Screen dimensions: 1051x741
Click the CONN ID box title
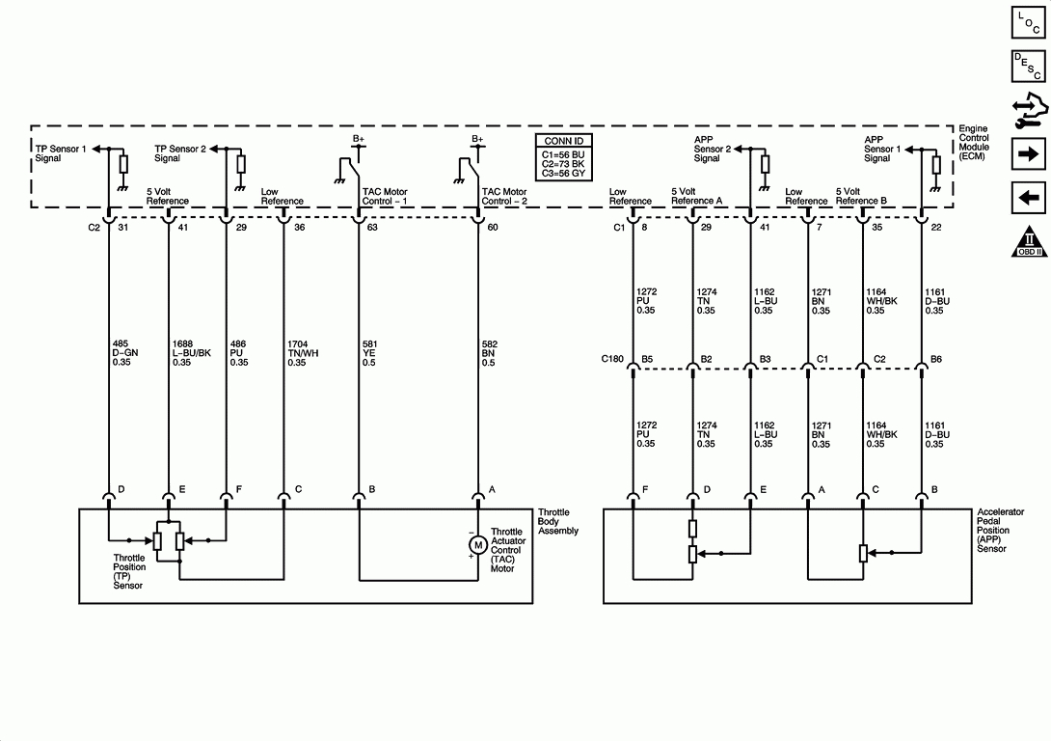click(x=564, y=141)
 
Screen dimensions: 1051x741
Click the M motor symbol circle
click(x=478, y=545)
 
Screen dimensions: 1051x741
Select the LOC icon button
click(x=1028, y=21)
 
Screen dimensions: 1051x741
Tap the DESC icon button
click(x=1028, y=66)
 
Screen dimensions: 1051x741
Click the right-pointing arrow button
click(x=1028, y=154)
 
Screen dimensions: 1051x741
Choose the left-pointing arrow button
click(x=1028, y=198)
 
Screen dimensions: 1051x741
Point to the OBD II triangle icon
click(x=1029, y=242)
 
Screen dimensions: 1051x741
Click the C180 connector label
click(x=612, y=359)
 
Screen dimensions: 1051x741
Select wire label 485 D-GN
click(x=125, y=353)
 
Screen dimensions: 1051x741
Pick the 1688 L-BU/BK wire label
click(x=192, y=353)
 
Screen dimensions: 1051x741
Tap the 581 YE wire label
click(x=369, y=353)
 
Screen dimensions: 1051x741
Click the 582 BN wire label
click(x=489, y=353)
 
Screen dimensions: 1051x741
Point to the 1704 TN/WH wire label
click(x=303, y=353)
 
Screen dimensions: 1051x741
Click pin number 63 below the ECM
click(x=372, y=228)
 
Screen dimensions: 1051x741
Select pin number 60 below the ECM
click(x=493, y=228)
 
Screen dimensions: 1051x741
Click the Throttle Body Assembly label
click(x=557, y=522)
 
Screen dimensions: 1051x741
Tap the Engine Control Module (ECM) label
click(x=973, y=142)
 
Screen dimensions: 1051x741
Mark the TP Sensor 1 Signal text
click(x=61, y=153)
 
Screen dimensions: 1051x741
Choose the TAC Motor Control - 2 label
click(x=504, y=197)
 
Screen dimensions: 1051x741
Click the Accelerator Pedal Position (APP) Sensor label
click(x=1000, y=530)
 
